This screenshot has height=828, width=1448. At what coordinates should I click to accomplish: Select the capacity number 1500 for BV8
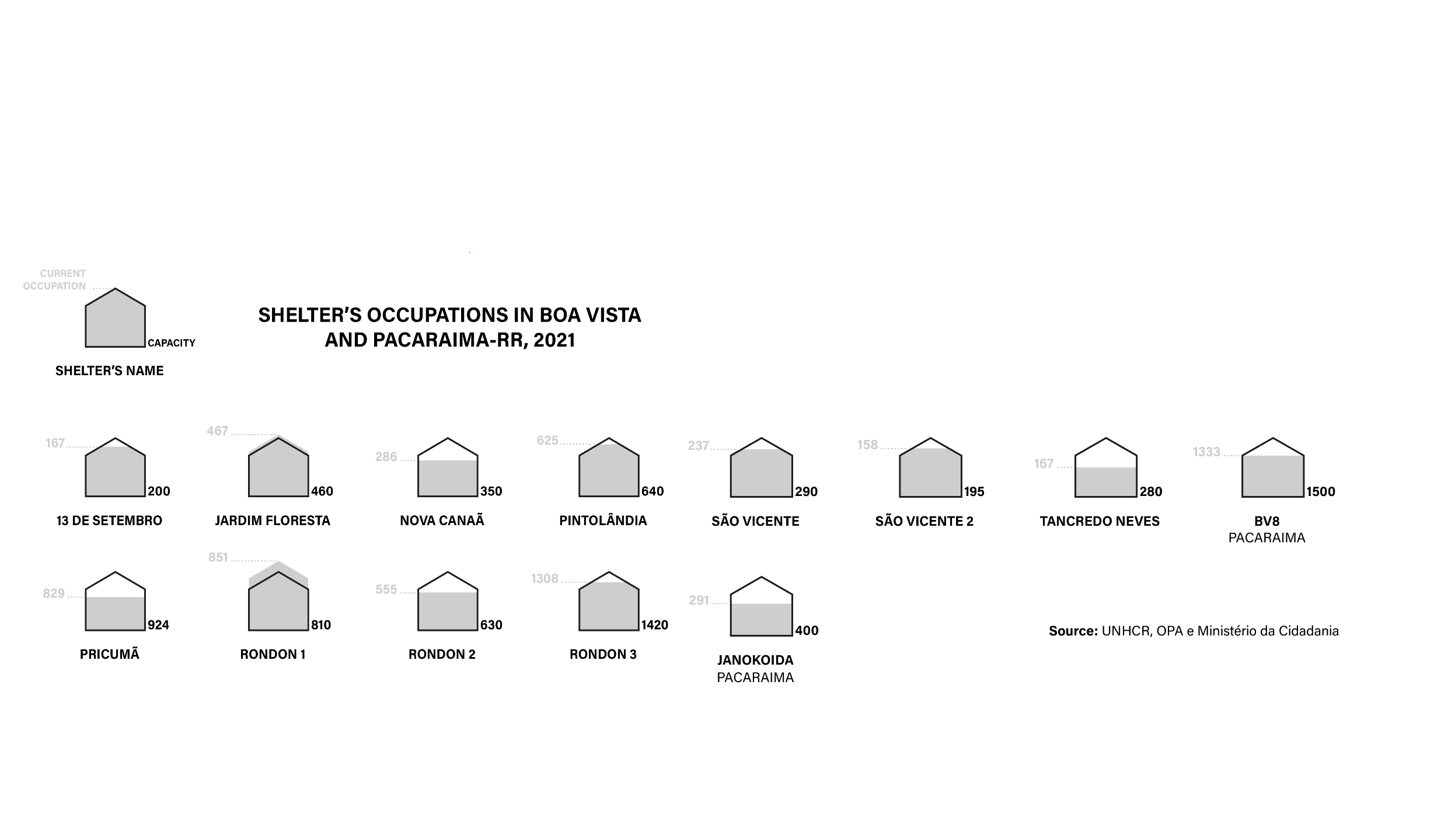1321,491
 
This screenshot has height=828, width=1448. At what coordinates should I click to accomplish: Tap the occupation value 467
217,431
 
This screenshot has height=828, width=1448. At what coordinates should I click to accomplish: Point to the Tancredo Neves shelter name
1100,521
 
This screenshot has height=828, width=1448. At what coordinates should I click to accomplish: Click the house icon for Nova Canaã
448,467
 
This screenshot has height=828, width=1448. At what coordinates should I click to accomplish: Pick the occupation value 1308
545,578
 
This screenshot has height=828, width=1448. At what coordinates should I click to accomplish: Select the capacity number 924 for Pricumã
158,625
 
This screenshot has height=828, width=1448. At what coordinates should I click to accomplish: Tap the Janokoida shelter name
755,660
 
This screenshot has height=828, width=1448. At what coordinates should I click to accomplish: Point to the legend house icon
116,318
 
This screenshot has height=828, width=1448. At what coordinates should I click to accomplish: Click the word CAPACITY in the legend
172,343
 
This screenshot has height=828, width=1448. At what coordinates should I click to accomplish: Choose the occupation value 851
218,557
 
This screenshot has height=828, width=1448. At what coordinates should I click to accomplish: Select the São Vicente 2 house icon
930,467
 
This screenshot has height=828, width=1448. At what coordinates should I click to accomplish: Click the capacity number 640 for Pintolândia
653,491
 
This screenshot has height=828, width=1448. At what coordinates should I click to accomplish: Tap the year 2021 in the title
554,340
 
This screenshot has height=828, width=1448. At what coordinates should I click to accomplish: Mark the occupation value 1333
1206,452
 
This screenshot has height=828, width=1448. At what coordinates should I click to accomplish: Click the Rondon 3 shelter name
603,654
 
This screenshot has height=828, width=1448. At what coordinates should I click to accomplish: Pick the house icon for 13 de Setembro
116,467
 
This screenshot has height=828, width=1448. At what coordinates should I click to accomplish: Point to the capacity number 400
807,630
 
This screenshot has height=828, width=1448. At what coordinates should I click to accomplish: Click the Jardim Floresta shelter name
273,520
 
